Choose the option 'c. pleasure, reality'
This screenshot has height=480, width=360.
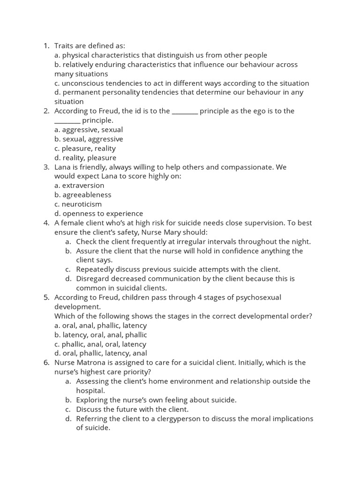click(x=85, y=148)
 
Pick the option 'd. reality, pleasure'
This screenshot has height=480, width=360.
click(x=85, y=157)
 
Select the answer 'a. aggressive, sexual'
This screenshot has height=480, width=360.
click(x=89, y=130)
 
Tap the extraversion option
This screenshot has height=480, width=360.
click(x=79, y=185)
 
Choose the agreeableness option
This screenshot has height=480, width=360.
click(x=83, y=195)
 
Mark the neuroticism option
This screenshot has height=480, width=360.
click(x=78, y=204)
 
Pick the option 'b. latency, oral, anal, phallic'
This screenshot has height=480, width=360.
click(x=101, y=335)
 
